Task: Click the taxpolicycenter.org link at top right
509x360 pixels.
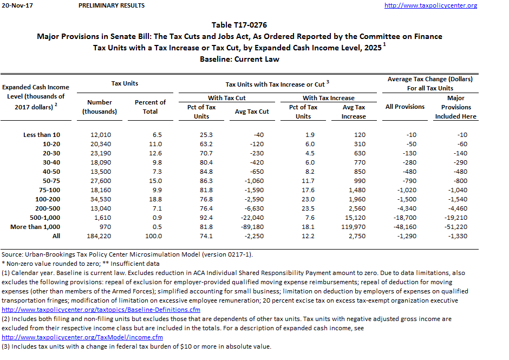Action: (x=430, y=5)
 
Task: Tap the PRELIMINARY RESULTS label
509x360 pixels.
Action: (x=111, y=5)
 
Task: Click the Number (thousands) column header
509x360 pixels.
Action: (x=99, y=107)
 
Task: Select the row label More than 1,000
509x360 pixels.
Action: (x=35, y=227)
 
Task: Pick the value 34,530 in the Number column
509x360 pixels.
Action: (x=100, y=199)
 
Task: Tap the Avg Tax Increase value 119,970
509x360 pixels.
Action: (x=352, y=227)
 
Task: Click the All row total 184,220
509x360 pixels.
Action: (x=100, y=236)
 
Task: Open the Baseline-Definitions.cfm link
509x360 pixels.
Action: (x=101, y=310)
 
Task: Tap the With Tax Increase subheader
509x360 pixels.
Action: (x=328, y=98)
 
